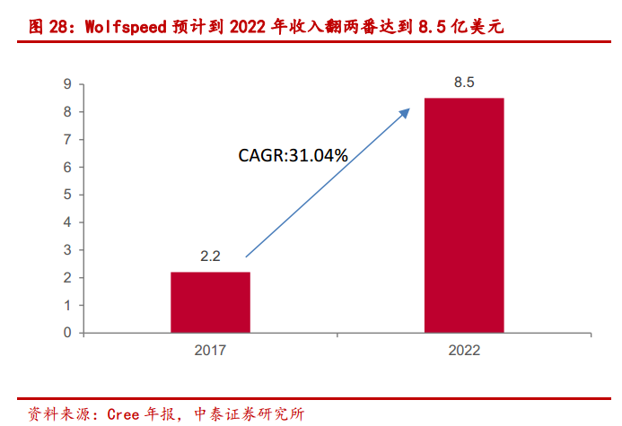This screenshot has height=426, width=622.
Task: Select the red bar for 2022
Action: (464, 215)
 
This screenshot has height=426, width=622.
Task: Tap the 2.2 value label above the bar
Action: (210, 256)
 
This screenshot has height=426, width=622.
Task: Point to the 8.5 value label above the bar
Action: (464, 83)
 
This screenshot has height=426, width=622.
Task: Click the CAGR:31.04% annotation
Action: (293, 155)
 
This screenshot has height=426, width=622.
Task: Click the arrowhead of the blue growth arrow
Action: (406, 112)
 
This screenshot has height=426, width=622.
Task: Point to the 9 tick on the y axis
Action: (67, 84)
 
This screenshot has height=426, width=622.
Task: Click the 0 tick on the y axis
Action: (67, 333)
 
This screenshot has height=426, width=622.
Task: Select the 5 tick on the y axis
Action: (67, 195)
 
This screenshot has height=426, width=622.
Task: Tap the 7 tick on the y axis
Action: (67, 140)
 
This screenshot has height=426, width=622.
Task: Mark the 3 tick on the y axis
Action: (67, 250)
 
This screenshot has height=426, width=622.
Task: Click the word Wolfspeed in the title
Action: (125, 27)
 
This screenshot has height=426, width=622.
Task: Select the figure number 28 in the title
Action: (57, 27)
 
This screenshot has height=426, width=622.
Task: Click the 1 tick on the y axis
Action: (67, 305)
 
